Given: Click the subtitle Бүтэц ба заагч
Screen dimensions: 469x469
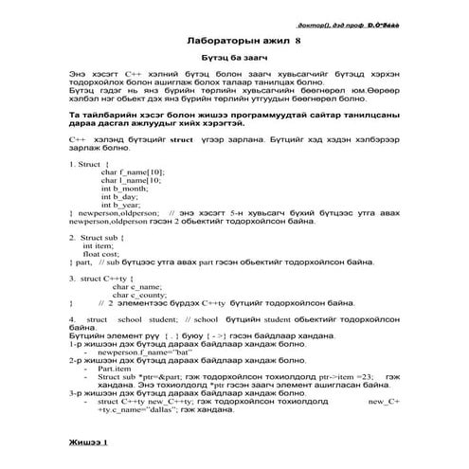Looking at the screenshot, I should [234, 59].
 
